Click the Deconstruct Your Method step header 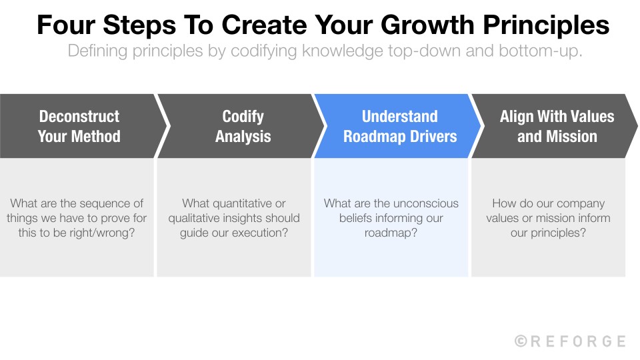click(x=79, y=126)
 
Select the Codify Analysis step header click(x=243, y=126)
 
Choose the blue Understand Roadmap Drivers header click(x=399, y=126)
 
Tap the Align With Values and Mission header click(x=557, y=126)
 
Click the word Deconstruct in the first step click(x=79, y=116)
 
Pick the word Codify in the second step click(x=243, y=116)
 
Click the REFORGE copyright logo click(x=570, y=341)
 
